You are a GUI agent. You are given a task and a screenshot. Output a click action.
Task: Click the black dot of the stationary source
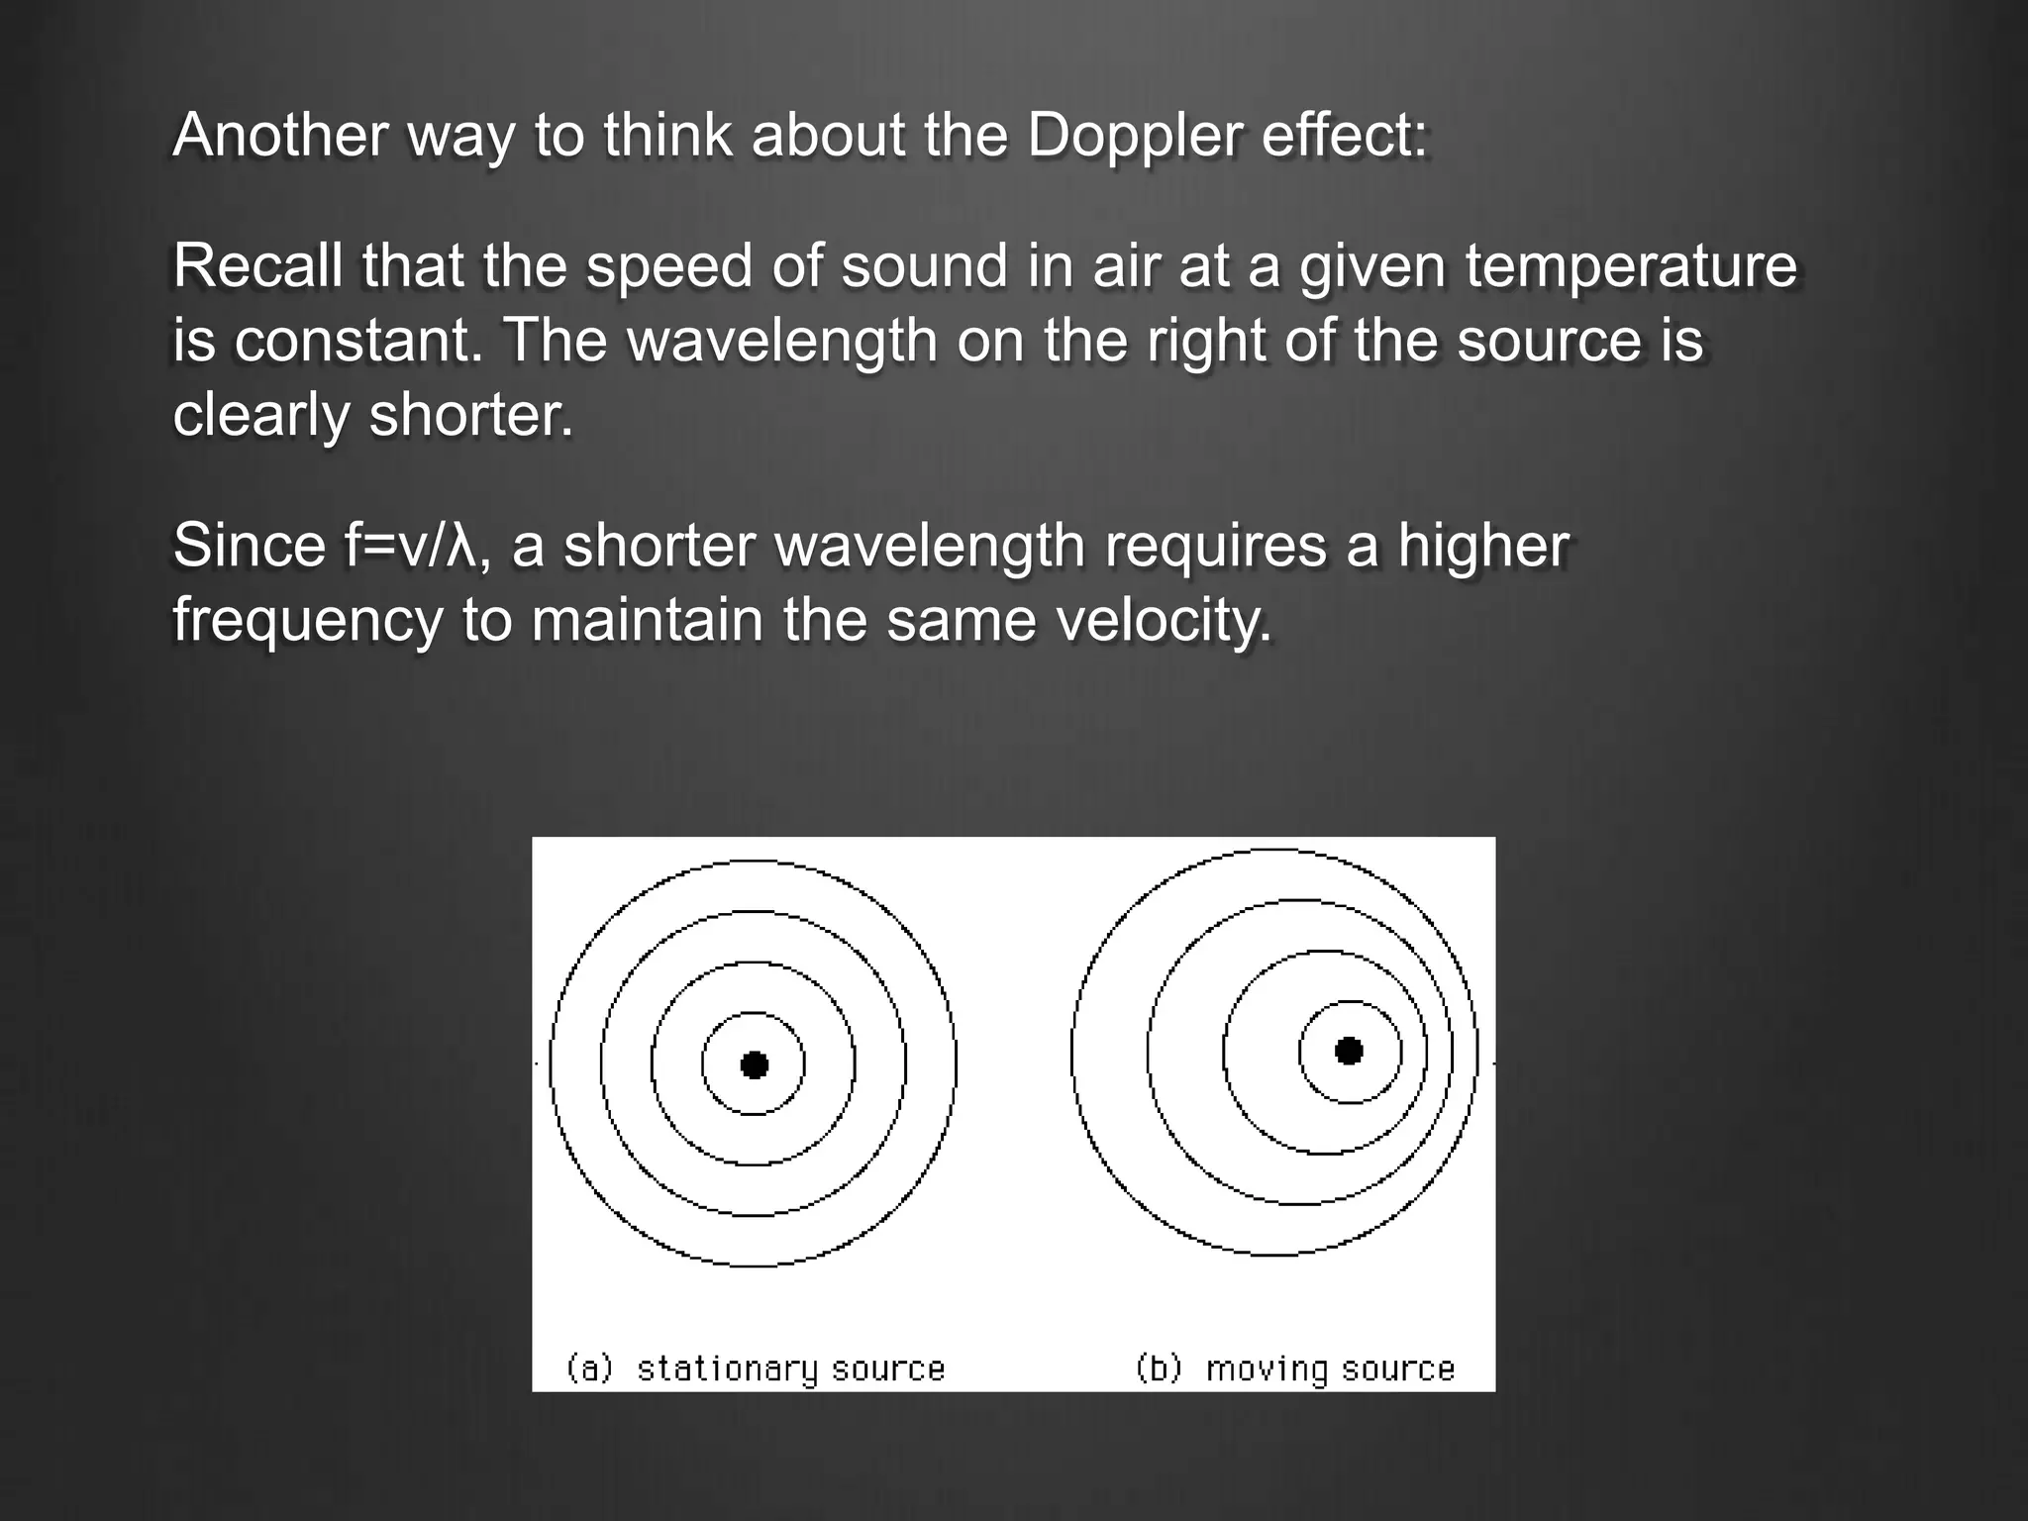click(755, 1065)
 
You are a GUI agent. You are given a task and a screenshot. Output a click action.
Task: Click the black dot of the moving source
click(1349, 1051)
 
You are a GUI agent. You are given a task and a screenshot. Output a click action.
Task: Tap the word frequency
click(307, 622)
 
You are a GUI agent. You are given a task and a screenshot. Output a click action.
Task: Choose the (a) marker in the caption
click(589, 1369)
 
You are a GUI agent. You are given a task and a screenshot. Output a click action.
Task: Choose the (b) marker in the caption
click(1159, 1369)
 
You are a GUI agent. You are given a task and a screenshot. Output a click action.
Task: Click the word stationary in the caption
click(727, 1369)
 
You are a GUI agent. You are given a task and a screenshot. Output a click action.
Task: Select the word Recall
click(257, 266)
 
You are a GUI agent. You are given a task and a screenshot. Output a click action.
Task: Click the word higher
click(1483, 546)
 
